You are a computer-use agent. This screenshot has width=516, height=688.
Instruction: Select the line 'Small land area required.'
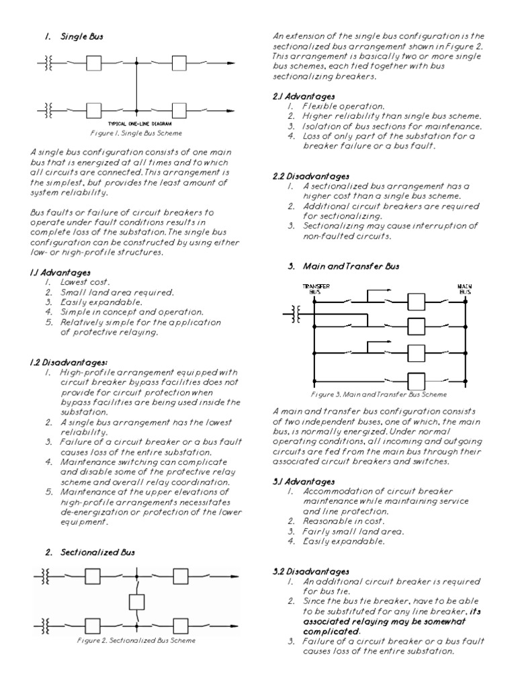click(107, 292)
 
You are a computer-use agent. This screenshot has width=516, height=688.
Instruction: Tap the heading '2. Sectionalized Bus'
click(90, 552)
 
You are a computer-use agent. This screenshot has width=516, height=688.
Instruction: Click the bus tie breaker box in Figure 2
click(136, 601)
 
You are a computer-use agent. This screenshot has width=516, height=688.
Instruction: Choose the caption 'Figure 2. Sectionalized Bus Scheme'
click(137, 640)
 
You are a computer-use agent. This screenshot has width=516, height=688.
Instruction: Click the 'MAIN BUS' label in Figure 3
click(464, 288)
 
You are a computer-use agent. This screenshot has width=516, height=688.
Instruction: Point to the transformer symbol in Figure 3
click(294, 312)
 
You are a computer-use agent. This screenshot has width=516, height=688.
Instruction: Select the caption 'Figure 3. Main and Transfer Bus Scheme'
click(378, 394)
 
